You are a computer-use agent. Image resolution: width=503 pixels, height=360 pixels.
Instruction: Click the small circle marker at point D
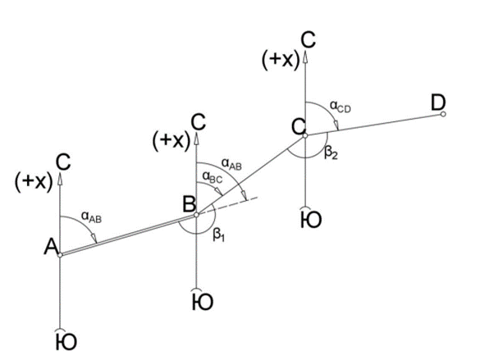tap(443, 114)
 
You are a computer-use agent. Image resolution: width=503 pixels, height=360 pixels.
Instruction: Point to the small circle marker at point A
tap(61, 255)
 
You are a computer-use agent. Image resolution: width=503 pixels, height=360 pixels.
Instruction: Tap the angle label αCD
tap(341, 105)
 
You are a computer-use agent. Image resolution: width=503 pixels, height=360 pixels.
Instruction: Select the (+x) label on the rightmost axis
tap(280, 60)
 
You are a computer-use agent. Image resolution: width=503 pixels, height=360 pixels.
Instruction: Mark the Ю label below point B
tap(201, 302)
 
